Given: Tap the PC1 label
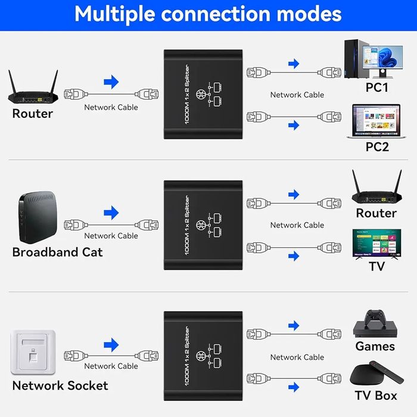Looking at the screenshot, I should [x=376, y=88].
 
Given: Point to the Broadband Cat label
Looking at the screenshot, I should [x=57, y=252].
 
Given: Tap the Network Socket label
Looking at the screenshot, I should [x=60, y=385].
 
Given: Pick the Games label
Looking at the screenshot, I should [x=375, y=346].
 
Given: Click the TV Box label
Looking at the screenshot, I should [x=376, y=395].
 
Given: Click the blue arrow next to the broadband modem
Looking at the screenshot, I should [x=111, y=213].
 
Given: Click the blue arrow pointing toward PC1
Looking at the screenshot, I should [x=293, y=64].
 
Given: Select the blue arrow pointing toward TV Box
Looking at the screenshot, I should [x=293, y=388].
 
